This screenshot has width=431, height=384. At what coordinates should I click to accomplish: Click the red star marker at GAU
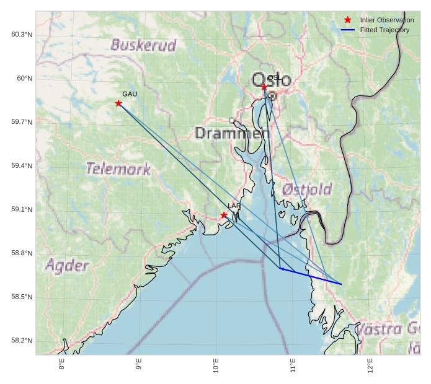tap(118, 103)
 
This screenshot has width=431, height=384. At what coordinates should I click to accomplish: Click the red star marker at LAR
tap(224, 216)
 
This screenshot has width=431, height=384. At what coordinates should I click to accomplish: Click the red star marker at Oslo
tap(264, 87)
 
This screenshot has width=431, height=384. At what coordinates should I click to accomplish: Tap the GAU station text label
tap(130, 94)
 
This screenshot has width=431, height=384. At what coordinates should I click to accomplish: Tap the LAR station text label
tap(234, 206)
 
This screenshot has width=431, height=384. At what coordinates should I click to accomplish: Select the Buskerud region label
tap(143, 45)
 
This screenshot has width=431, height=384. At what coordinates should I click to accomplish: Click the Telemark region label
tap(118, 168)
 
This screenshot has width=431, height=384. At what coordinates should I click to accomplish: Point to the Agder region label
tap(67, 266)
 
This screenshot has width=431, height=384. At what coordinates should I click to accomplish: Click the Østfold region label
tap(306, 190)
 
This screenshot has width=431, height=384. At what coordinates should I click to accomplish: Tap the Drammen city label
tap(232, 133)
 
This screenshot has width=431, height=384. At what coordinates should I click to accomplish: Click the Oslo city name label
tap(272, 79)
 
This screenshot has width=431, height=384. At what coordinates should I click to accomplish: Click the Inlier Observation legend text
tap(386, 20)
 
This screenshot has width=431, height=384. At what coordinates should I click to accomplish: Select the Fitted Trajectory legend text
tap(384, 30)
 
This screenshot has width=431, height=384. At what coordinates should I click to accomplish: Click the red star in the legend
tap(348, 20)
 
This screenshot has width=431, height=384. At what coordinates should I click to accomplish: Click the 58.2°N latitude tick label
tap(22, 341)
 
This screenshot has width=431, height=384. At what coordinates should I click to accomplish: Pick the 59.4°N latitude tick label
tap(22, 166)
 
